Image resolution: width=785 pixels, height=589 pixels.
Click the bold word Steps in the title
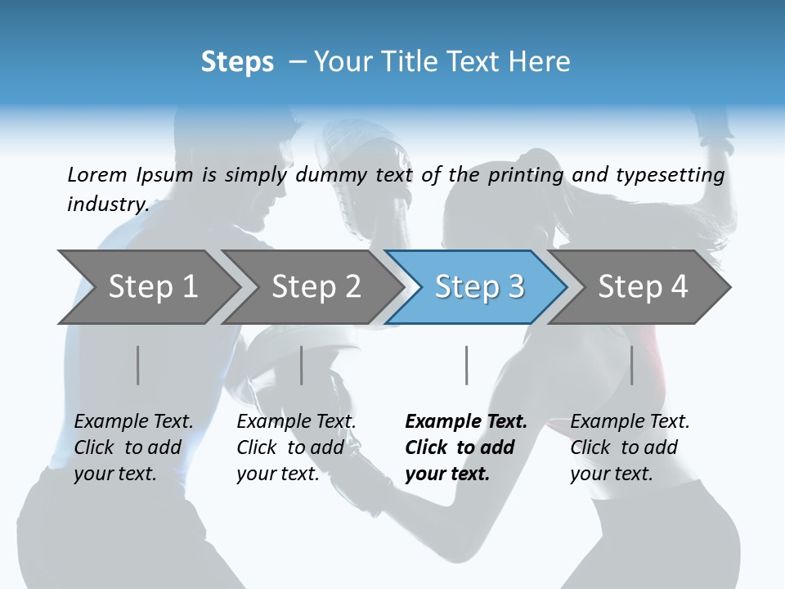(237, 62)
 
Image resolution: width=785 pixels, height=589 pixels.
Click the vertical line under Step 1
(137, 365)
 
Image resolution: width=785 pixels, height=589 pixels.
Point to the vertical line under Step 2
(302, 365)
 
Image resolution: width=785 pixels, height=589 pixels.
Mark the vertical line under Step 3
(467, 365)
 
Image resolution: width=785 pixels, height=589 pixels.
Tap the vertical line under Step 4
(631, 365)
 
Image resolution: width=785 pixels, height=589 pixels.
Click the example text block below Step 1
(133, 447)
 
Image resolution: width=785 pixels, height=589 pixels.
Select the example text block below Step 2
(296, 447)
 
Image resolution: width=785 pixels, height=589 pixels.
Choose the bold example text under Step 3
(466, 447)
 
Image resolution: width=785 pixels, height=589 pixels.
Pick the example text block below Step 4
(630, 447)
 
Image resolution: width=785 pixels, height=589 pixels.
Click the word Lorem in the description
(97, 174)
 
